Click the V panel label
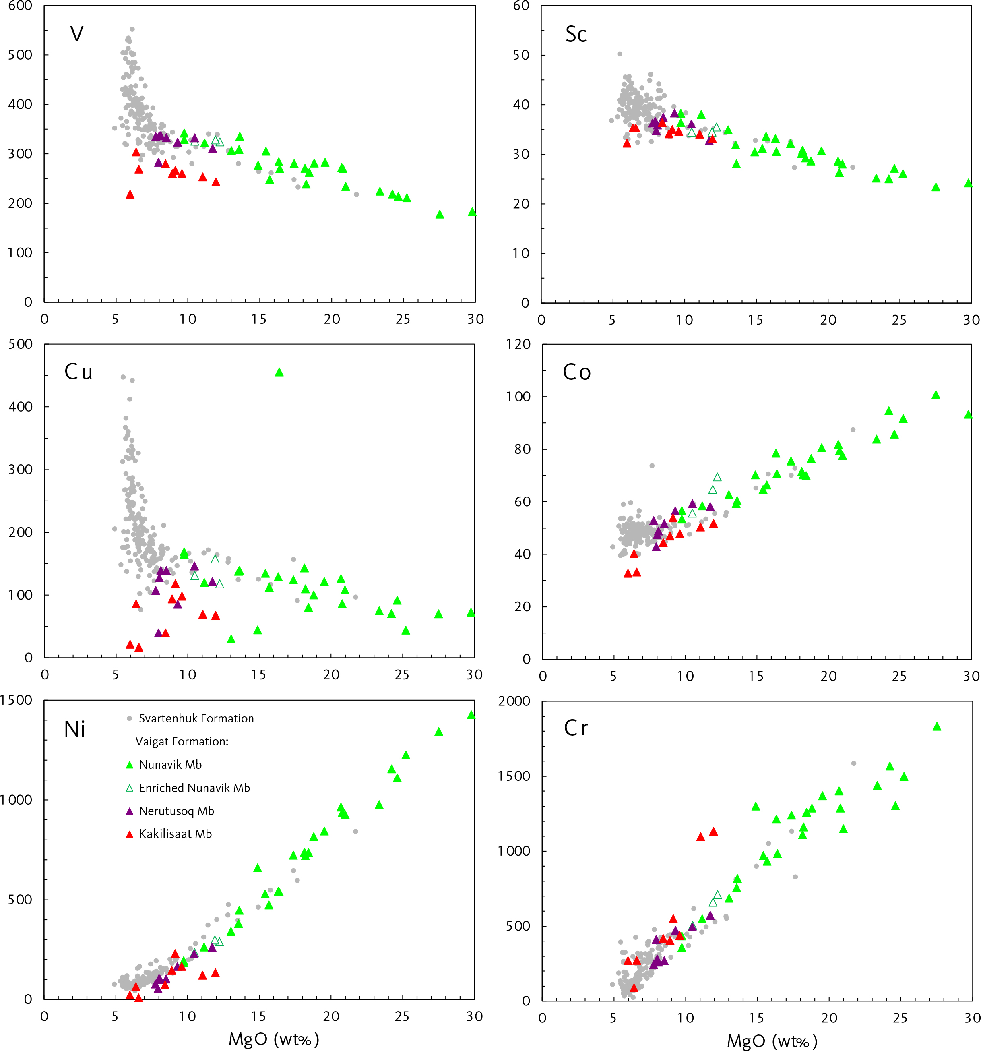point(76,34)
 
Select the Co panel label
point(577,372)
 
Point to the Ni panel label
point(74,729)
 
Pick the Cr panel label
point(576,728)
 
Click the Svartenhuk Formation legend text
point(196,718)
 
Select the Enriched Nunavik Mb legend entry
point(194,788)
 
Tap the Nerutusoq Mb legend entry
point(176,811)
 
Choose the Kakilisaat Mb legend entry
point(175,834)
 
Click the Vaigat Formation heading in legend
point(182,741)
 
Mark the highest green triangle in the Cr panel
point(937,727)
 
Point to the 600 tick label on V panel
point(20,6)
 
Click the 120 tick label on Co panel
point(518,344)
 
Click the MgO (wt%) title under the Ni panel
point(274,1039)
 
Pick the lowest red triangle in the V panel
point(130,194)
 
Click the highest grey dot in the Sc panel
point(620,54)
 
